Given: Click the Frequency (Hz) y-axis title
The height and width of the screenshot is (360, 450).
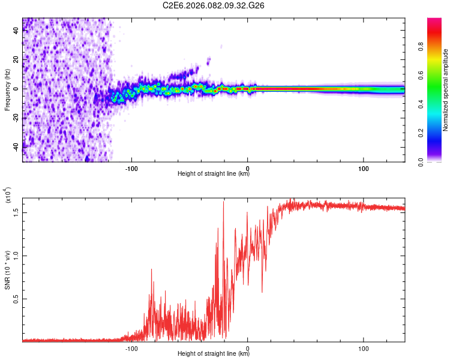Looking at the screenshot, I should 7,90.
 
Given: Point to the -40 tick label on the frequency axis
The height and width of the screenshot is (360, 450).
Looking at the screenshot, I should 15,146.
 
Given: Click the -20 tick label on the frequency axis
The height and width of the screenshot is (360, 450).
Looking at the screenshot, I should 15,118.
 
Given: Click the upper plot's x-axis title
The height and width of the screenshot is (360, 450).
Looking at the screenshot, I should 214,174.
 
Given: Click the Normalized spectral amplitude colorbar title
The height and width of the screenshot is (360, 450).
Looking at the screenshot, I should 446,90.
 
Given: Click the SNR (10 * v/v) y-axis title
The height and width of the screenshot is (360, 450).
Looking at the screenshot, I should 7,270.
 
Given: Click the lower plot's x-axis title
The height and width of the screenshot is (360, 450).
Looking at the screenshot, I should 214,354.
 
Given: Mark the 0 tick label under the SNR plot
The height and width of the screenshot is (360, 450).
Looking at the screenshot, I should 248,347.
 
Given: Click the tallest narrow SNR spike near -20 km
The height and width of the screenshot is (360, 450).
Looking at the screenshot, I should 224,202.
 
